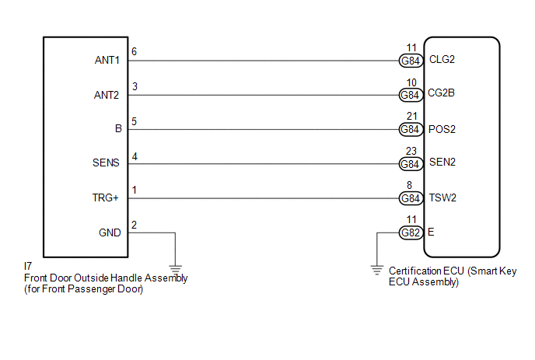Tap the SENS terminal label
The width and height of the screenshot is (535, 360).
point(107,163)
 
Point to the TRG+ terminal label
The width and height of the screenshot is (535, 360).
point(107,198)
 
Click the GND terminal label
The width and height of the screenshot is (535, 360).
point(110,232)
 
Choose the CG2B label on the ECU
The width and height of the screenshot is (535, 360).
point(442,94)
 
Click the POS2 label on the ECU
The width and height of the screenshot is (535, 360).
point(442,129)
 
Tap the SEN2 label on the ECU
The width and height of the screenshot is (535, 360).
point(442,163)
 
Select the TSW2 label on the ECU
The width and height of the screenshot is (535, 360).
point(442,197)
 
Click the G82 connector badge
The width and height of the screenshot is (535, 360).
point(410,232)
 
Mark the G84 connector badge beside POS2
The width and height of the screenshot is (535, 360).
point(410,129)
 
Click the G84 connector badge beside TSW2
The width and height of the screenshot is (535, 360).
point(410,198)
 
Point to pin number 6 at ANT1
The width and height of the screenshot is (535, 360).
point(135,51)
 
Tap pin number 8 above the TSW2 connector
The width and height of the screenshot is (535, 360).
point(410,187)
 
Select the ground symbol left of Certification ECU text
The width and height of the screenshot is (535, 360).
point(377,271)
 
